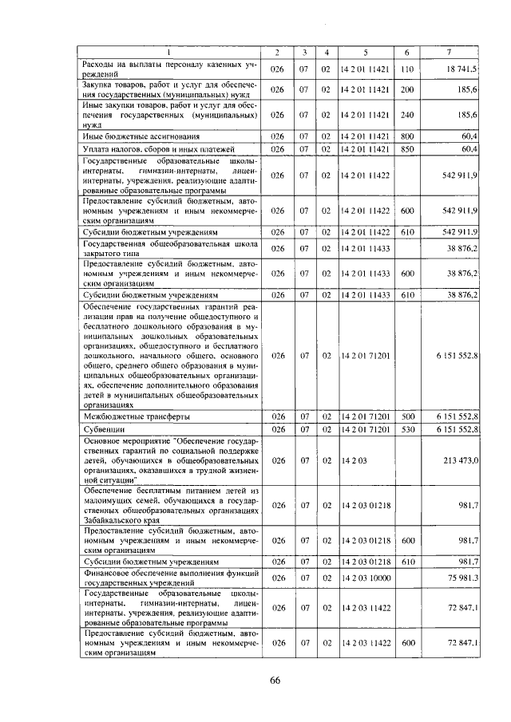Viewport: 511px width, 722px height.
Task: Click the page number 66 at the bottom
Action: [x=274, y=680]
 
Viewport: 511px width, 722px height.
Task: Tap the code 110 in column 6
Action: [x=406, y=69]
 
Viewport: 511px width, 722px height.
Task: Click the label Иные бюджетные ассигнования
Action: [x=131, y=136]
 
